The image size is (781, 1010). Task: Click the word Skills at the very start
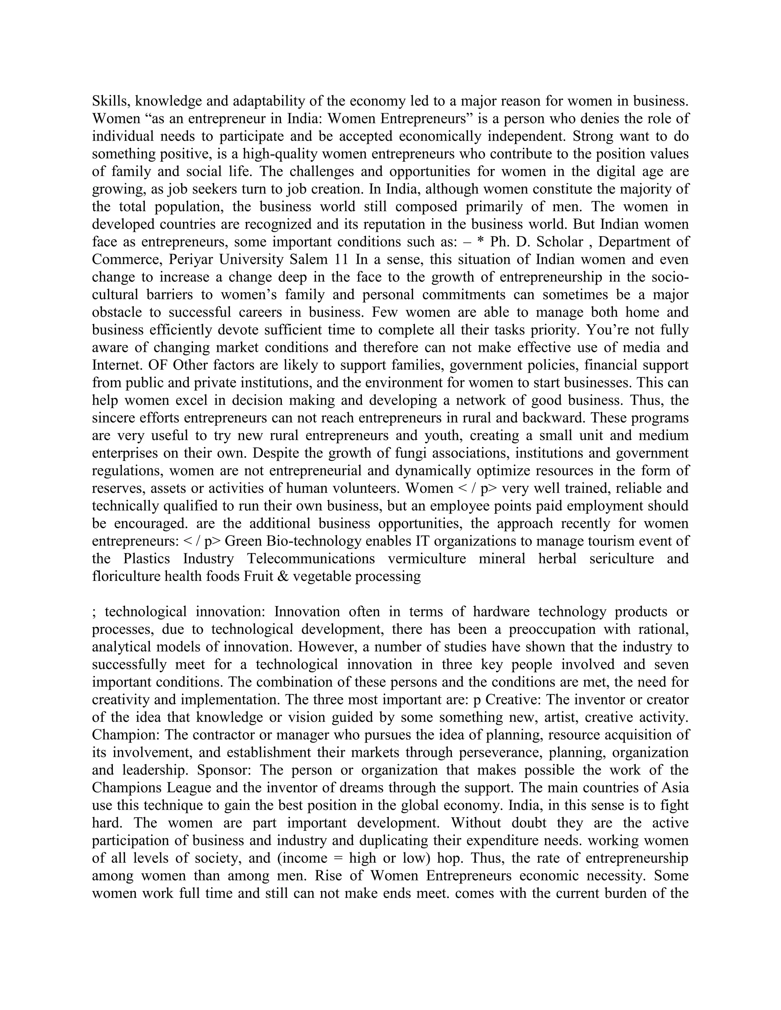coord(107,101)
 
